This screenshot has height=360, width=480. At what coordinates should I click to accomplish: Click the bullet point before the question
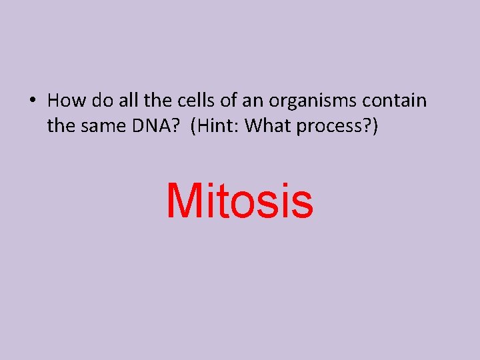pos(33,101)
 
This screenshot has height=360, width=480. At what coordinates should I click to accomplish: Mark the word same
pos(99,125)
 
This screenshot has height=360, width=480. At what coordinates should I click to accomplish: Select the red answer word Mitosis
pos(239,201)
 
